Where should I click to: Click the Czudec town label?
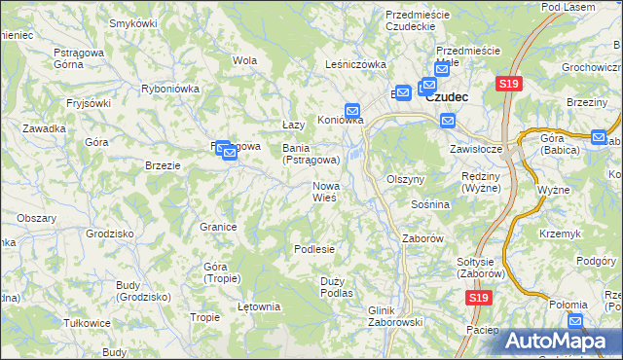pos(448,97)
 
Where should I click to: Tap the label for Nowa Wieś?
pos(324,192)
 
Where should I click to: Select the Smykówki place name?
pos(133,22)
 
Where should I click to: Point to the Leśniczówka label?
pos(355,64)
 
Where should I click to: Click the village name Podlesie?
pos(314,249)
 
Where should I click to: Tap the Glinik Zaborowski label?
pos(393,316)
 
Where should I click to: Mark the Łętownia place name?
pos(259,307)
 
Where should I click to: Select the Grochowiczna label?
pos(591,68)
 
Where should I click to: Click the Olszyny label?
pos(406,180)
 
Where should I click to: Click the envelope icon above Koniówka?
pos(352,110)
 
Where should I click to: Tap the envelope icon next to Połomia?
pos(575,320)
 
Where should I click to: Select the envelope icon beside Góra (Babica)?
pos(598,138)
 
